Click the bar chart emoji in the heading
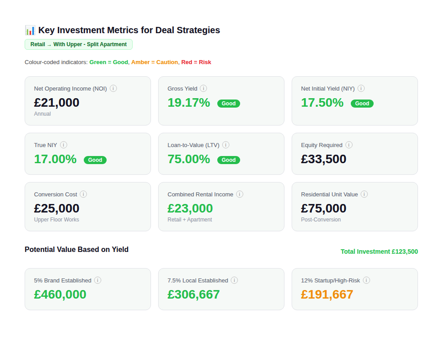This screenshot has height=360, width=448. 30,30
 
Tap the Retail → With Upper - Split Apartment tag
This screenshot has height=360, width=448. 78,44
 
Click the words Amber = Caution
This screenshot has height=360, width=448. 155,62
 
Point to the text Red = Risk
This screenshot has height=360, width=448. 196,62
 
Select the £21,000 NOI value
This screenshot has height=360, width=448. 56,103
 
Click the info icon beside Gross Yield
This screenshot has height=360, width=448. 203,88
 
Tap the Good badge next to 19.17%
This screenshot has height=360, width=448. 228,104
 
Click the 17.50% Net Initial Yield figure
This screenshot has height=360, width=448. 322,103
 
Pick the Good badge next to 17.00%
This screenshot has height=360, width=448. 95,160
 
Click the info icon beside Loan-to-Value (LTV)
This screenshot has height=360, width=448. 226,145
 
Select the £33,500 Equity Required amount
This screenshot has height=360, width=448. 323,159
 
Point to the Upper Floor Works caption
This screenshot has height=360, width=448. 56,220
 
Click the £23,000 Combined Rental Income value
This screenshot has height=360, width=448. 190,208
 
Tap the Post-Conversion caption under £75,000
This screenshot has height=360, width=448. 321,220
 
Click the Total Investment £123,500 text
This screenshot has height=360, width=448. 379,252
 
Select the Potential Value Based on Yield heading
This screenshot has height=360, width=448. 77,250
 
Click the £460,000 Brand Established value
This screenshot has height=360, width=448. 60,295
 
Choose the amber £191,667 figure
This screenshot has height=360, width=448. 327,295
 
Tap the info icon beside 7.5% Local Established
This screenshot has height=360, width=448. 234,280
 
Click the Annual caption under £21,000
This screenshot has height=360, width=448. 43,114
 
